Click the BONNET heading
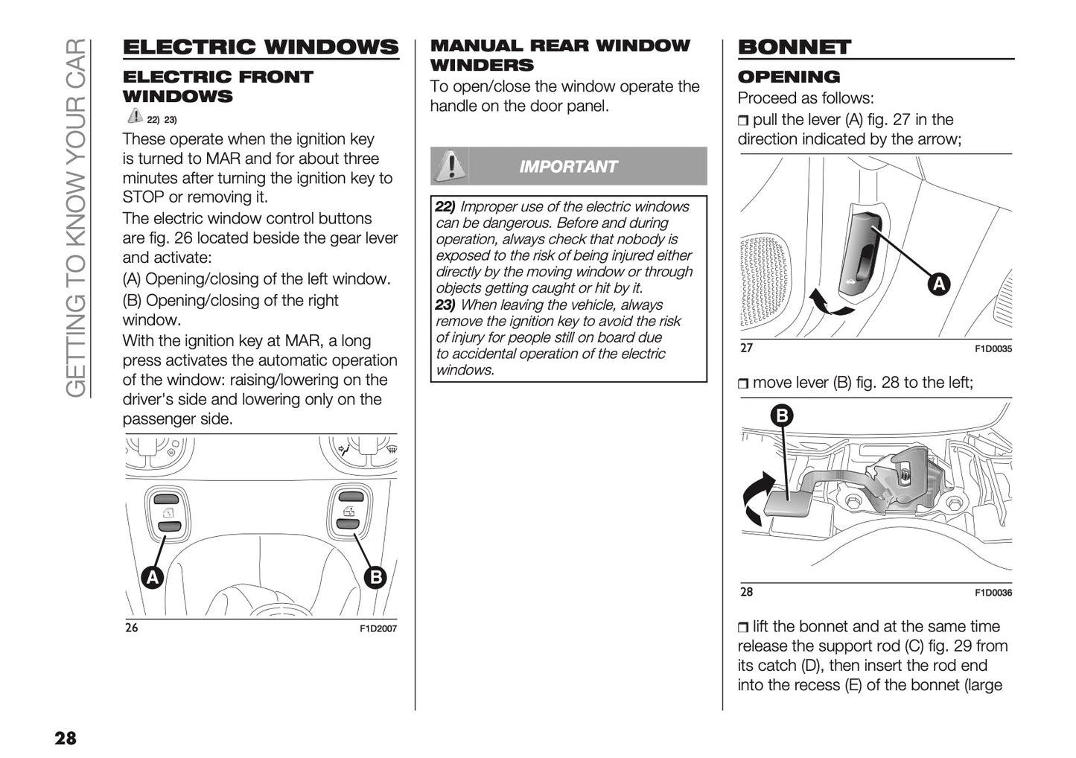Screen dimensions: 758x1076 (794, 48)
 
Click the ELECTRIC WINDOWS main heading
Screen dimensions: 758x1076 (260, 48)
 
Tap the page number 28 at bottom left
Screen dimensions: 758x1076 (65, 738)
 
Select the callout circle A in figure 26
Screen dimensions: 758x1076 (153, 577)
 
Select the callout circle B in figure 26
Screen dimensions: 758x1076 (375, 577)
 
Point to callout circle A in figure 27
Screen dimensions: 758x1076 (939, 284)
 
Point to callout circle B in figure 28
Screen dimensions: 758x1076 (782, 415)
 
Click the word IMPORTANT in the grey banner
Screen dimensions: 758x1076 (568, 167)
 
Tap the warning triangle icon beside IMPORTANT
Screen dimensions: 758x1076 (449, 165)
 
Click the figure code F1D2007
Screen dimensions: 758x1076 (378, 628)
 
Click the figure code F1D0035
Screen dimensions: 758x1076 (993, 349)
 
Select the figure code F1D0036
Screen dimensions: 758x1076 (993, 593)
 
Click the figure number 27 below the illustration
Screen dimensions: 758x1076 (746, 348)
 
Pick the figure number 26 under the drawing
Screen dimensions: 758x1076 (131, 627)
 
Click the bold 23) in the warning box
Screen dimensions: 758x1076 (445, 305)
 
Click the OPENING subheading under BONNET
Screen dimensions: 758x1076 (789, 77)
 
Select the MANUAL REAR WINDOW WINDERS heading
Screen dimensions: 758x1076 (560, 55)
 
